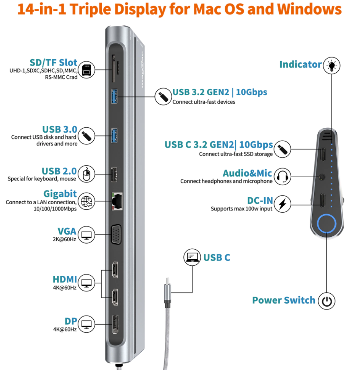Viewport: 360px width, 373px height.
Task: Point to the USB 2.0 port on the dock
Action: pos(115,175)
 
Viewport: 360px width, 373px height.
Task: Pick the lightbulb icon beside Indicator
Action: pos(332,65)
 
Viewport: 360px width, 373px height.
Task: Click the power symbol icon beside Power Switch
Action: pos(327,301)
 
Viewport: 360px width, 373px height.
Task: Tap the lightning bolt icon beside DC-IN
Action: pos(282,204)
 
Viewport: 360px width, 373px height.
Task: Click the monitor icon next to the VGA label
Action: pos(86,234)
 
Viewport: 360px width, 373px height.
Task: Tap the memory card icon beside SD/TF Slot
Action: pos(86,69)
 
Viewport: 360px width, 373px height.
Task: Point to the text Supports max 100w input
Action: pos(241,209)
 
